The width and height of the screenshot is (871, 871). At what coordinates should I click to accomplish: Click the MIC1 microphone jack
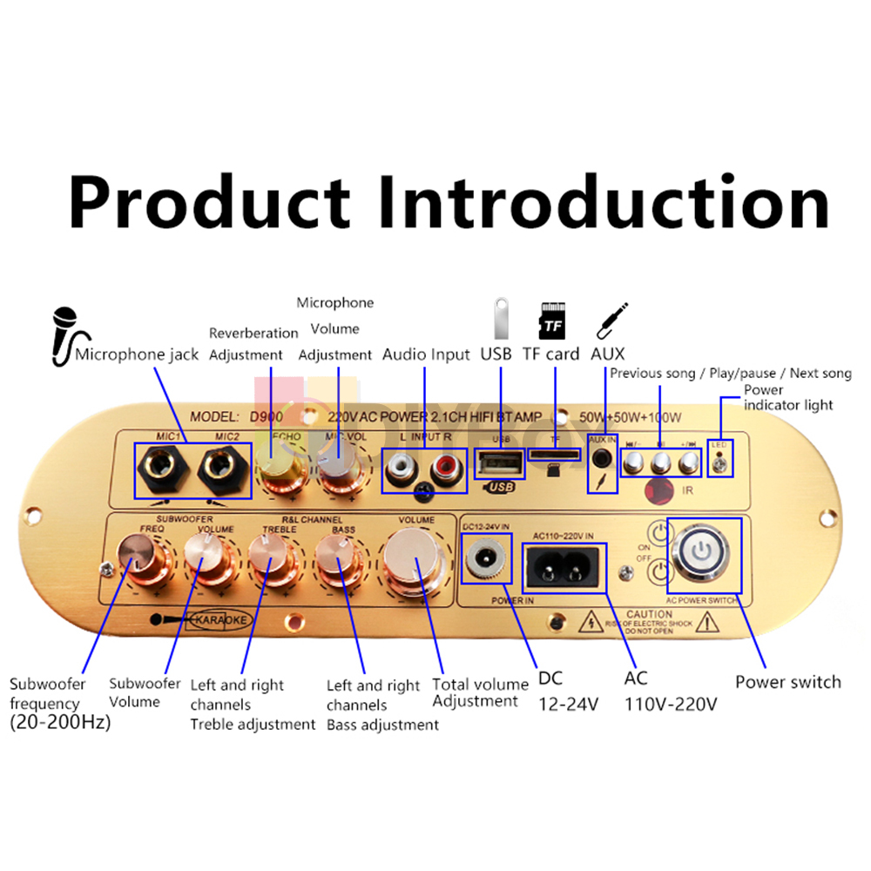161,469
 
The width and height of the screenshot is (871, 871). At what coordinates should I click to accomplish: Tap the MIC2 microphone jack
221,469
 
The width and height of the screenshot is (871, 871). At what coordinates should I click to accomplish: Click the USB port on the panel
500,462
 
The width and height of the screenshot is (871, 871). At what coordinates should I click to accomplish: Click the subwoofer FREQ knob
138,557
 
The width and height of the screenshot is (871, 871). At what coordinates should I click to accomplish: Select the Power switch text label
787,681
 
